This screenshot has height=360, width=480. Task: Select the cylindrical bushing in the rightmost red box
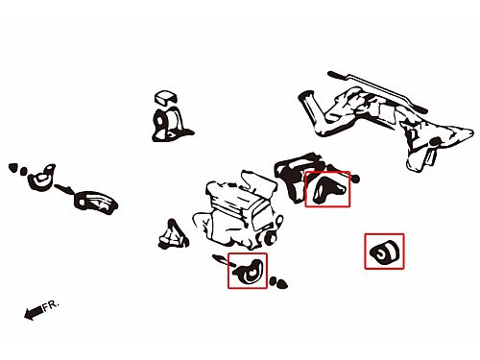click(x=384, y=252)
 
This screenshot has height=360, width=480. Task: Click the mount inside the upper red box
click(x=328, y=190)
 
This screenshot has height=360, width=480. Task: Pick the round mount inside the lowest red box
click(x=249, y=272)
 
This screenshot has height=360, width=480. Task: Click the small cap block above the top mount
click(x=165, y=97)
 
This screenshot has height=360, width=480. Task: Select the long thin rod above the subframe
click(x=377, y=91)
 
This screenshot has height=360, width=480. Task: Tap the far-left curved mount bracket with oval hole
click(x=42, y=178)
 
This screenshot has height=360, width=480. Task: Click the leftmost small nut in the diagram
click(x=12, y=167)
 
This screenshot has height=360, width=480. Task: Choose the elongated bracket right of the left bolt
click(x=95, y=202)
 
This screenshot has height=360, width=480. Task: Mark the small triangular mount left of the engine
click(x=173, y=234)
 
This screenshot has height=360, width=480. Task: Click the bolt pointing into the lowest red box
click(x=224, y=260)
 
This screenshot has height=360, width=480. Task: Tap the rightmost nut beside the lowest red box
click(x=281, y=283)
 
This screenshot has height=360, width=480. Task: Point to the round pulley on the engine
click(x=271, y=237)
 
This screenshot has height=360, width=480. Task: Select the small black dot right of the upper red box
click(x=355, y=179)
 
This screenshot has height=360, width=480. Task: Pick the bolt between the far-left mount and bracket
click(x=64, y=189)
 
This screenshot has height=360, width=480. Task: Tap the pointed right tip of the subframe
click(x=472, y=132)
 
